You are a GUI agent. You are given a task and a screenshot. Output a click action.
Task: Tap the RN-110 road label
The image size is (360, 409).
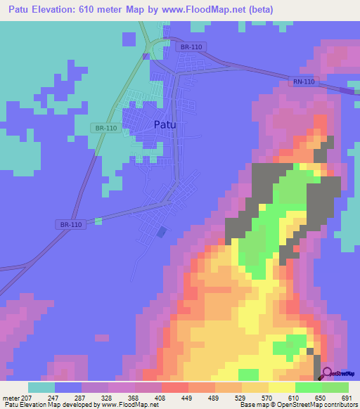tap(305, 83)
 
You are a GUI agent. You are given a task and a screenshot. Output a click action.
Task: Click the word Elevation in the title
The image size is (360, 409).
tap(64, 10)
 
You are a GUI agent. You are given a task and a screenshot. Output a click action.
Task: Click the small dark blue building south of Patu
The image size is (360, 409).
tap(162, 231)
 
